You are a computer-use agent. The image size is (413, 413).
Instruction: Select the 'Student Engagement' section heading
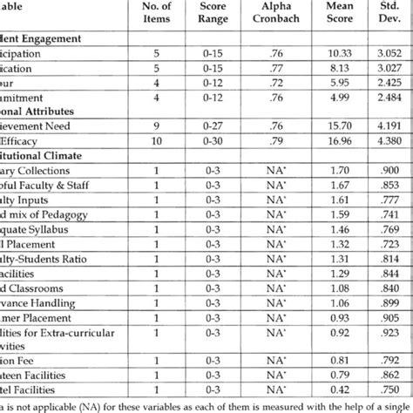tap(44, 37)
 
